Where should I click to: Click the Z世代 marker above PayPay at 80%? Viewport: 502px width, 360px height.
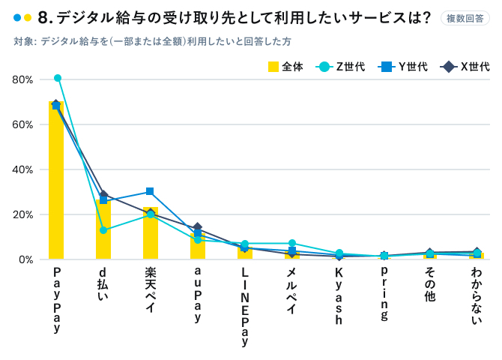coord(58,78)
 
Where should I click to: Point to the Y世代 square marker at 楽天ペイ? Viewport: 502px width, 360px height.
coord(150,192)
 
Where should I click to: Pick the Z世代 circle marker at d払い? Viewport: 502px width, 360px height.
coord(103,230)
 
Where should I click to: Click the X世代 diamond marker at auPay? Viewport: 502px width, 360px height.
coord(198,227)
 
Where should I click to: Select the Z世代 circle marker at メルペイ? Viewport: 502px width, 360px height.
coord(292,244)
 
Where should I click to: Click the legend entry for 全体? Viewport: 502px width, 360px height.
coord(285,67)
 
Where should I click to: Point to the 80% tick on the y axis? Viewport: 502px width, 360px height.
coord(22,79)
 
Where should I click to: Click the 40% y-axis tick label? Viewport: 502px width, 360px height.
coord(22,169)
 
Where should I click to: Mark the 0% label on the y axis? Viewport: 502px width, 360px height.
coord(25,259)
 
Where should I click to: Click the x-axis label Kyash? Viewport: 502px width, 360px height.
coord(339,295)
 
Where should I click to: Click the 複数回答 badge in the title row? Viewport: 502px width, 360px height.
coord(465,18)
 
